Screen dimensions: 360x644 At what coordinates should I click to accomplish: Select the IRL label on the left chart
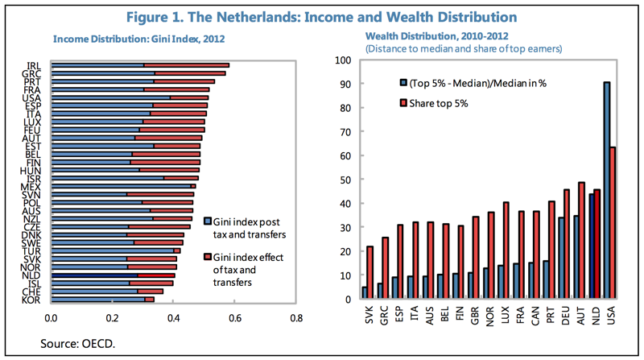pyautogui.click(x=33, y=65)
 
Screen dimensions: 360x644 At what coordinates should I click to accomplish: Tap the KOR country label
pyautogui.click(x=33, y=300)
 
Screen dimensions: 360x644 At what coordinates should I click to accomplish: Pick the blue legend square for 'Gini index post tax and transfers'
pyautogui.click(x=208, y=221)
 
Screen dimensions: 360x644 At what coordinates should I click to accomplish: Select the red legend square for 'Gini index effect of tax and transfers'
pyautogui.click(x=208, y=256)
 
